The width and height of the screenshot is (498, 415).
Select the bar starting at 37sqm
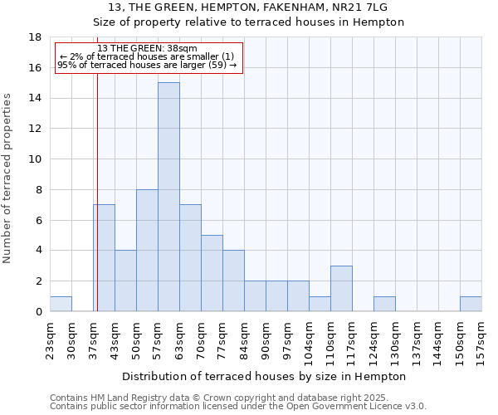click(104, 258)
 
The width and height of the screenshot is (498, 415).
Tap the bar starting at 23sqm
click(61, 304)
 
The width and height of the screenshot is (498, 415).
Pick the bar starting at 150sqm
click(471, 304)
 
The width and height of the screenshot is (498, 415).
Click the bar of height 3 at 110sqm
click(341, 288)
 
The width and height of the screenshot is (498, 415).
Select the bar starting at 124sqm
click(384, 304)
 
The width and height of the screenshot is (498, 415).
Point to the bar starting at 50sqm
click(147, 250)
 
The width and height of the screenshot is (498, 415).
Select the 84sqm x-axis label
click(244, 339)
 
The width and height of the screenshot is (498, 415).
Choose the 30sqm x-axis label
click(71, 339)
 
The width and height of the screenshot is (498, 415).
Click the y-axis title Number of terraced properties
click(8, 178)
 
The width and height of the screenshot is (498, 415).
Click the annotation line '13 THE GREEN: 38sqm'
click(148, 49)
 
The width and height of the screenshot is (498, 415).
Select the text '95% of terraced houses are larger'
click(137, 65)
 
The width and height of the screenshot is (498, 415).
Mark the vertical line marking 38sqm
click(97, 191)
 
